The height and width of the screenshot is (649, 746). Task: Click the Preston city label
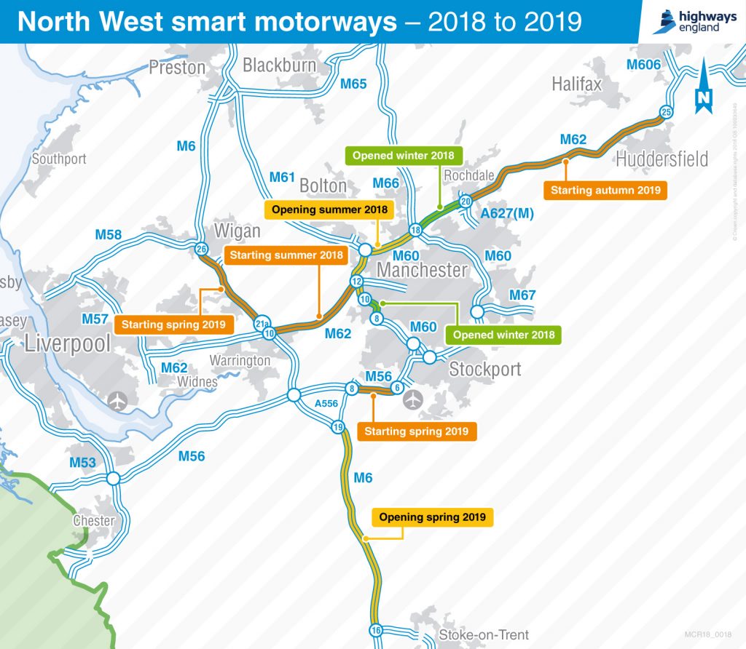(x=177, y=68)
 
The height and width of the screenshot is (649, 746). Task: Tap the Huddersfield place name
(x=661, y=159)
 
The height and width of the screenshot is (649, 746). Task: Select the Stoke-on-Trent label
(x=484, y=634)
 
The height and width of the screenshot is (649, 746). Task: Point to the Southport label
(x=59, y=159)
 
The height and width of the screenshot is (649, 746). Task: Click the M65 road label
(x=353, y=84)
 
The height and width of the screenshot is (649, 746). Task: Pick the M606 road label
(x=643, y=65)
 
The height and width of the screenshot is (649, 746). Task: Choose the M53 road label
(x=82, y=463)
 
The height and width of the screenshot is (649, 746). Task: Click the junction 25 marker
(x=665, y=111)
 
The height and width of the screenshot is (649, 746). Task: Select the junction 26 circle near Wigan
(x=202, y=249)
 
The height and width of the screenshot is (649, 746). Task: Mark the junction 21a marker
(x=262, y=322)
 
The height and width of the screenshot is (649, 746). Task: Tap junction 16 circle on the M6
(x=376, y=630)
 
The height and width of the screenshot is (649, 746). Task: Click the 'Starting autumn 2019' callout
(x=605, y=191)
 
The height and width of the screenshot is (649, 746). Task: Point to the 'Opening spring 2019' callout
(x=432, y=517)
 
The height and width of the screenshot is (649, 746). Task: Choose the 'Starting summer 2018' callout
(x=286, y=255)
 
